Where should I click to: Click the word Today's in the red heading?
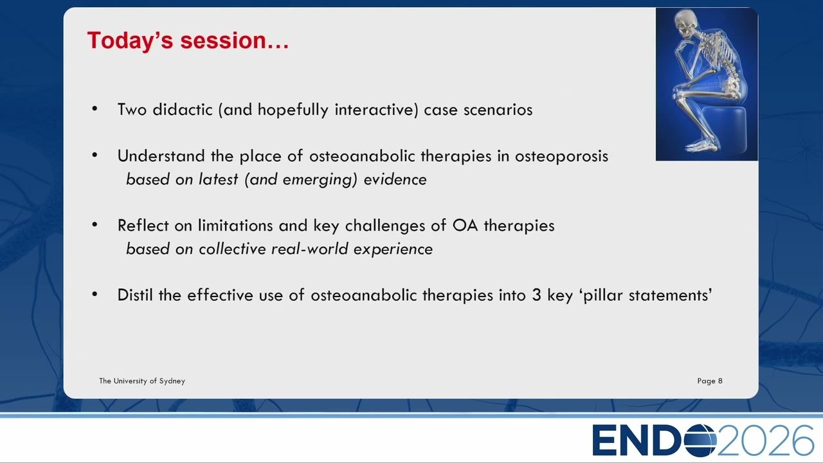[x=130, y=40]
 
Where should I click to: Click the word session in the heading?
[x=223, y=40]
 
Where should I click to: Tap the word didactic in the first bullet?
[x=183, y=109]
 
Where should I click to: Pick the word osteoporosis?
[x=561, y=156]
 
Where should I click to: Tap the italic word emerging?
[x=318, y=180]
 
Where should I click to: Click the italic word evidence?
[x=395, y=179]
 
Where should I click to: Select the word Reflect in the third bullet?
[x=143, y=225]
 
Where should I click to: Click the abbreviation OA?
[x=465, y=225]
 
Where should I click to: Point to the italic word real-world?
[x=309, y=249]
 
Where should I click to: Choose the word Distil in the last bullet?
[x=135, y=295]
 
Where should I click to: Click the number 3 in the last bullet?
[x=536, y=295]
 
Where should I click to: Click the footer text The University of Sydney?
[x=142, y=381]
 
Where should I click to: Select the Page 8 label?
[x=709, y=381]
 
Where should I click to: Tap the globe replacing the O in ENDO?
[x=700, y=440]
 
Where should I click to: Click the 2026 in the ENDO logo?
[x=765, y=440]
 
